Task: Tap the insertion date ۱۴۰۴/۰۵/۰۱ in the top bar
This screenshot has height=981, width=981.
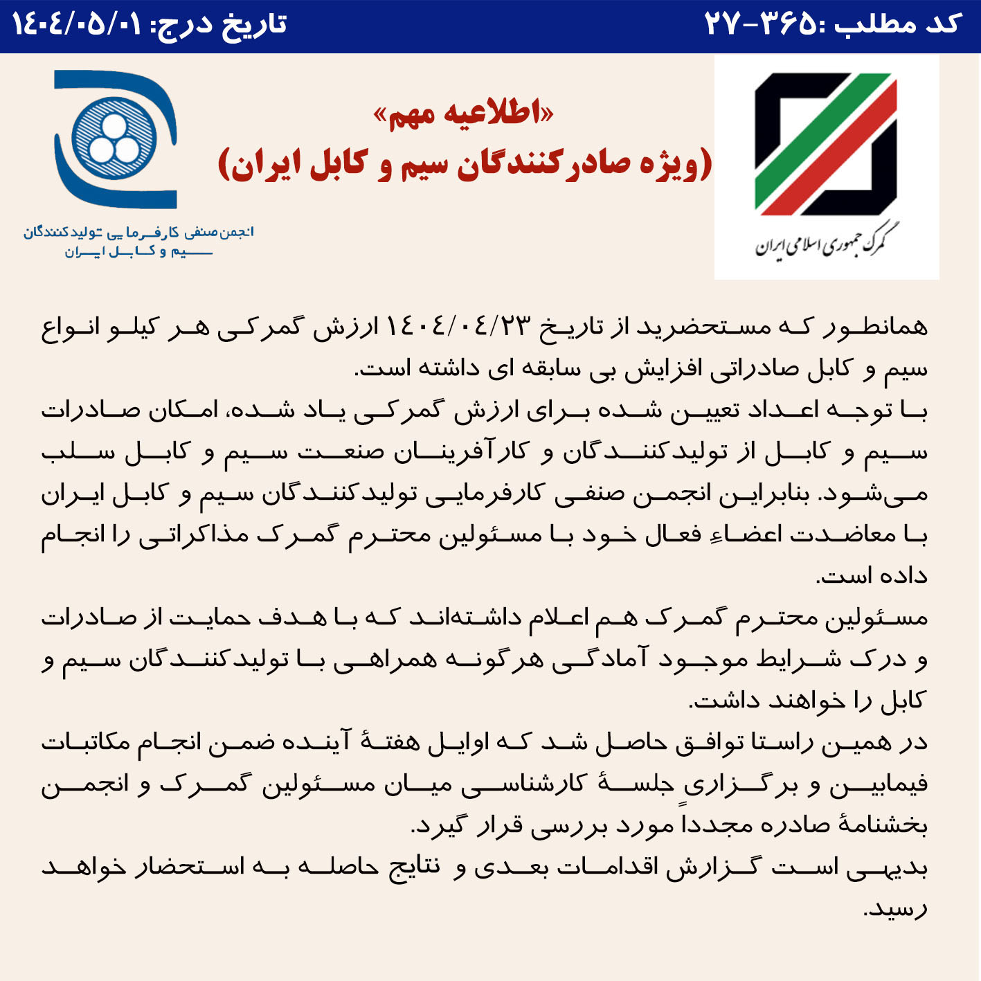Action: click(x=76, y=25)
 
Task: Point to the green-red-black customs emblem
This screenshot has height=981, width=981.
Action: click(x=826, y=144)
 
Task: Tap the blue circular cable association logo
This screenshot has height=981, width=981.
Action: click(x=115, y=139)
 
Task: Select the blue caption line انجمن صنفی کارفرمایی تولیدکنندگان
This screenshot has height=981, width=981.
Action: click(x=138, y=232)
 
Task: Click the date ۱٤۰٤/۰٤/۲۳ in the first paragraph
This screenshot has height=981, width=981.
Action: click(x=458, y=325)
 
